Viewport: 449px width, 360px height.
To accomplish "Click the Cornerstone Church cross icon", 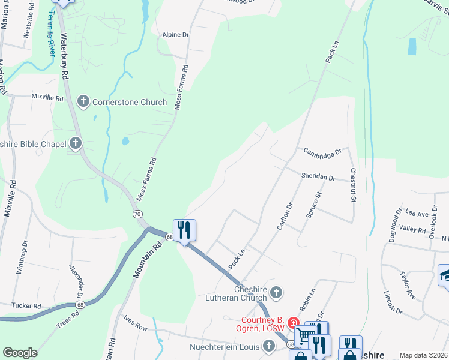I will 83,102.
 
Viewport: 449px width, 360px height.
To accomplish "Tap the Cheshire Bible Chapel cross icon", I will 76,143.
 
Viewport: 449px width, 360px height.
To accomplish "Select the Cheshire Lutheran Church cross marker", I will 276,292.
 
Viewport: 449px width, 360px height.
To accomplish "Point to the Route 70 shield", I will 138,214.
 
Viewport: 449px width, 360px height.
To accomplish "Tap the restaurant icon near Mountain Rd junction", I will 184,229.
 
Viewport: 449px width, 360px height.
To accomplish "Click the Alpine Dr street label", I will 175,35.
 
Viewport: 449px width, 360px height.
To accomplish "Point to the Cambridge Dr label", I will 322,153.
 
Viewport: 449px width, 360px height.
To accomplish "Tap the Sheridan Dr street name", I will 318,177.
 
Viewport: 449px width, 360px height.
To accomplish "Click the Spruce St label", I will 314,203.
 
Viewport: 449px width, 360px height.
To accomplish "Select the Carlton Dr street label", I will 284,216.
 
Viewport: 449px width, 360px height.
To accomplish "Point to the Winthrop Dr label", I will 22,257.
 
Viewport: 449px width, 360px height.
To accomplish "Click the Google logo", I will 20,353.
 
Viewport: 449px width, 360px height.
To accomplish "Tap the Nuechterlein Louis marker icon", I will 270,347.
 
